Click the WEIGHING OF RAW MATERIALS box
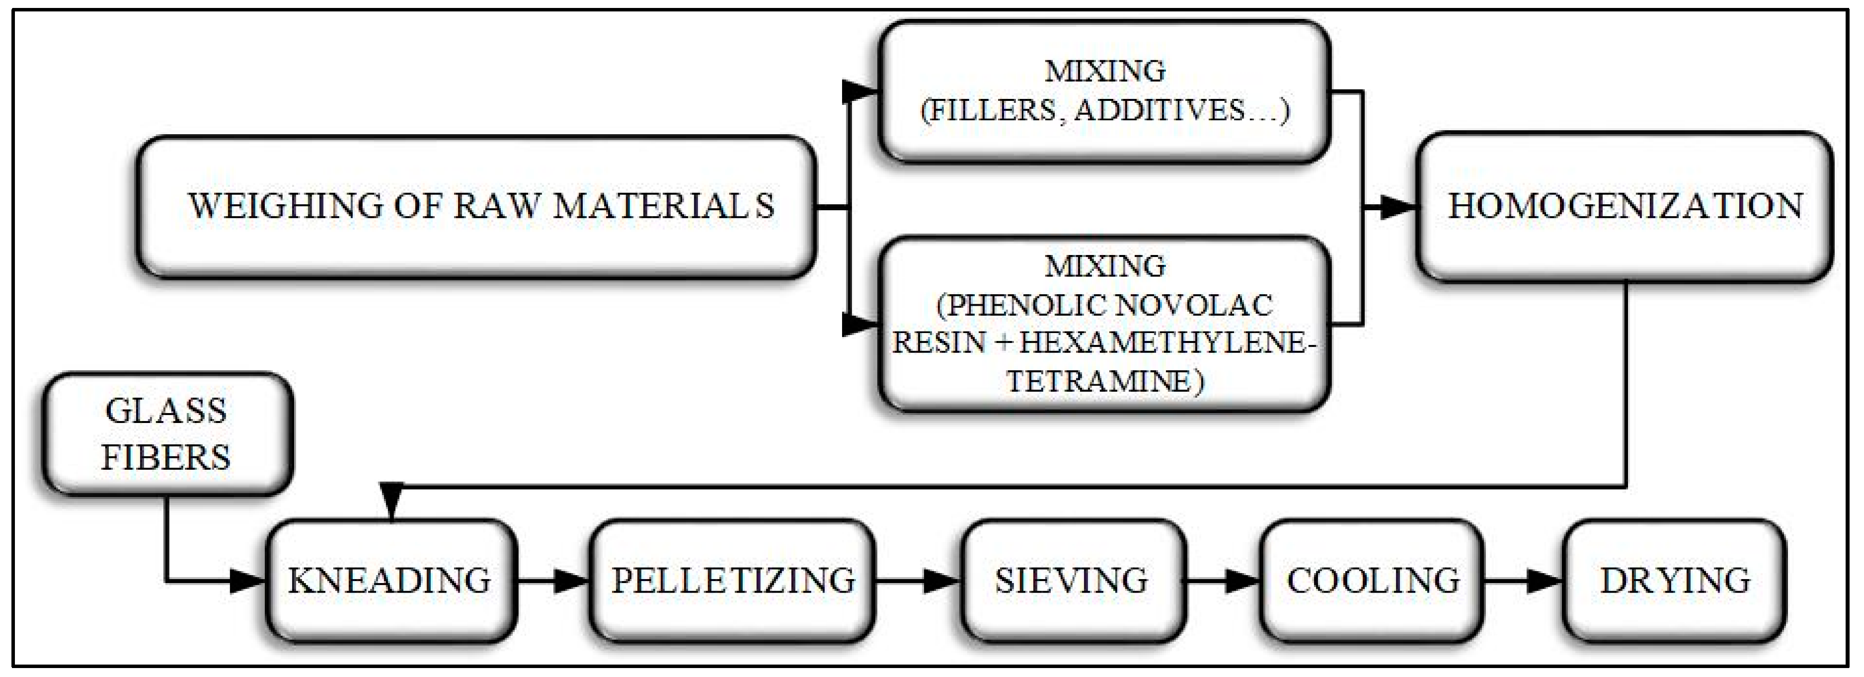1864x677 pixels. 477,206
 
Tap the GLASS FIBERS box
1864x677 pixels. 166,434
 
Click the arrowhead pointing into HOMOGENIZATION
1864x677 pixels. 1397,208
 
